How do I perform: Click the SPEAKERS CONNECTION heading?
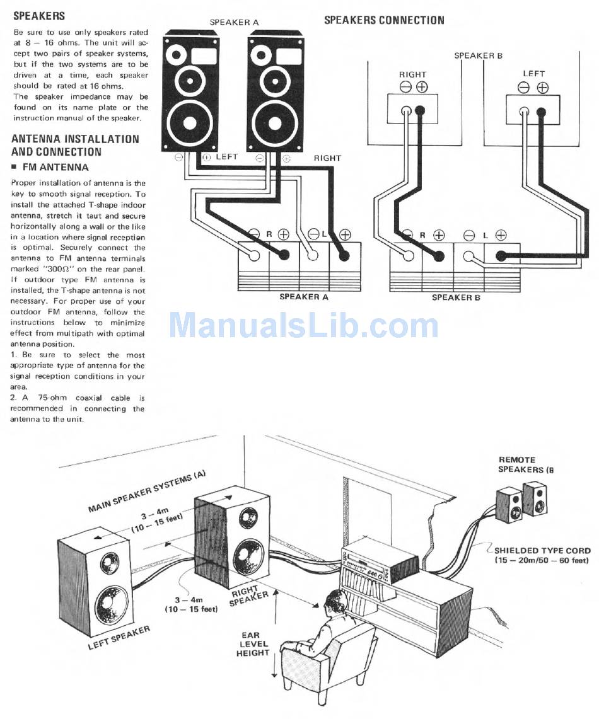[x=385, y=20]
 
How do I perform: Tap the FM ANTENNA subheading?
[x=55, y=168]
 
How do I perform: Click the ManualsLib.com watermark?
[x=304, y=325]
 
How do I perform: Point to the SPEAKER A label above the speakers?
[x=235, y=22]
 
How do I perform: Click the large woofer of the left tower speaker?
[x=189, y=123]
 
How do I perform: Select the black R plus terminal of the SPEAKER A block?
[x=284, y=254]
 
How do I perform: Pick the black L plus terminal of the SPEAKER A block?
[x=342, y=254]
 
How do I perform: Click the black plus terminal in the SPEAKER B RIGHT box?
[x=420, y=110]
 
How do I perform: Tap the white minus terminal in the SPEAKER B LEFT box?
[x=524, y=112]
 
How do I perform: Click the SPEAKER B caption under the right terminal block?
[x=456, y=297]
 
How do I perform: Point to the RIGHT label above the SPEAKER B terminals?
[x=413, y=74]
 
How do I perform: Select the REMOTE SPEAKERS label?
[x=526, y=464]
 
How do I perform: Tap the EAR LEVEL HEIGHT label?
[x=252, y=644]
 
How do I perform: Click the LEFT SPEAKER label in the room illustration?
[x=119, y=637]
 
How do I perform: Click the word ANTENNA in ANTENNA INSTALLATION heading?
[x=36, y=139]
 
